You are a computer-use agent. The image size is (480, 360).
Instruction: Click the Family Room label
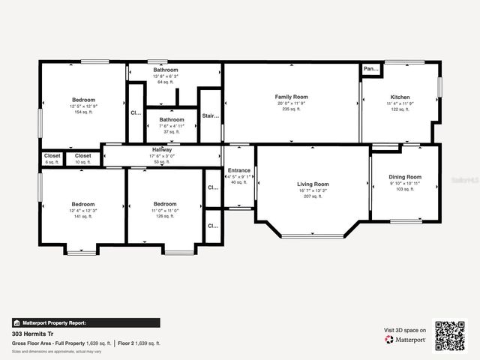pos(292,97)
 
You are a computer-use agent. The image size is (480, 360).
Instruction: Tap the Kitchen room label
pos(400,97)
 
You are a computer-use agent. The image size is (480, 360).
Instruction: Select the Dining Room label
pos(405,177)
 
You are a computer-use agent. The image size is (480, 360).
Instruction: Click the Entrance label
pos(239,170)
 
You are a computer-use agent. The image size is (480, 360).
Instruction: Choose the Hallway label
pos(162,150)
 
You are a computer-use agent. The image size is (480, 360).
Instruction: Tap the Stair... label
pos(211,115)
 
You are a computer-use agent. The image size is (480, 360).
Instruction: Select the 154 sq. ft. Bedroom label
pos(83,100)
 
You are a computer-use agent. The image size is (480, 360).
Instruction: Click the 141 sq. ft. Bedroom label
pos(82,204)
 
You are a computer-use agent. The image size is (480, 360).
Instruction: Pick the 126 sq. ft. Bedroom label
pos(165,204)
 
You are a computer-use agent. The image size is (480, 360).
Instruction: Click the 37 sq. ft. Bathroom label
pos(171,119)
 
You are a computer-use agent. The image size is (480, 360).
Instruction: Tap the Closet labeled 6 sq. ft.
pos(52,156)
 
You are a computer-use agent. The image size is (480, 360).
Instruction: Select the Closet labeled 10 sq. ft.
pos(82,156)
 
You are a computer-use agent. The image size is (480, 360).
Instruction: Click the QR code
pos(450,334)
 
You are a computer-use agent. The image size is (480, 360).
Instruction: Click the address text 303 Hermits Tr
pos(33,333)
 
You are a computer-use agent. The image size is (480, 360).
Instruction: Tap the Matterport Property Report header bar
pos(85,322)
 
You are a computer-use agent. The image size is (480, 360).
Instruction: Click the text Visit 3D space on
pos(405,330)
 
